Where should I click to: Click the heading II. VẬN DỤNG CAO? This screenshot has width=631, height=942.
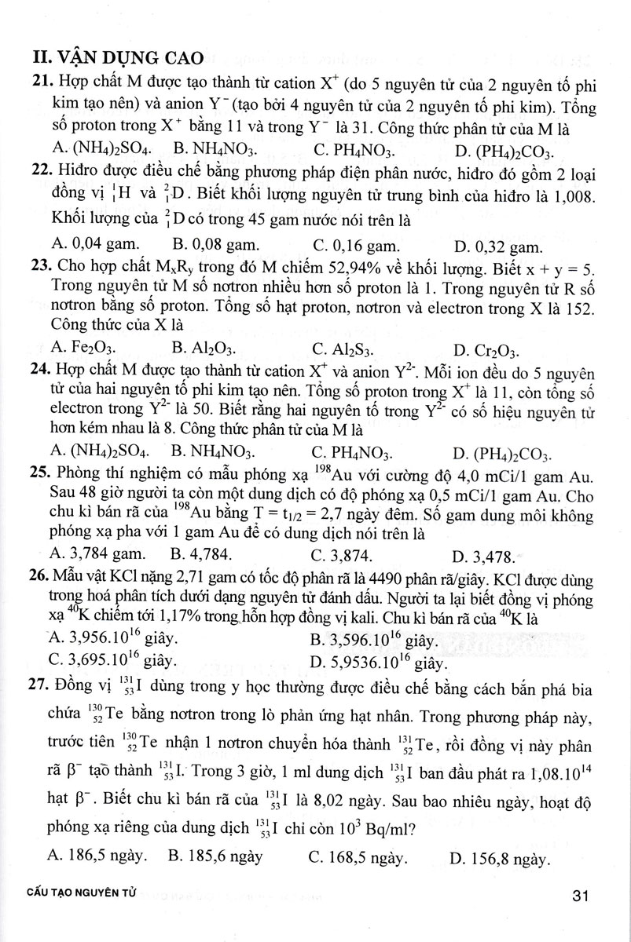(115, 57)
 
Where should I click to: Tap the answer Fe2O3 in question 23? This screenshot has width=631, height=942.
(86, 348)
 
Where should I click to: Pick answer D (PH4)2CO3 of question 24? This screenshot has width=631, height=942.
(504, 453)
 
